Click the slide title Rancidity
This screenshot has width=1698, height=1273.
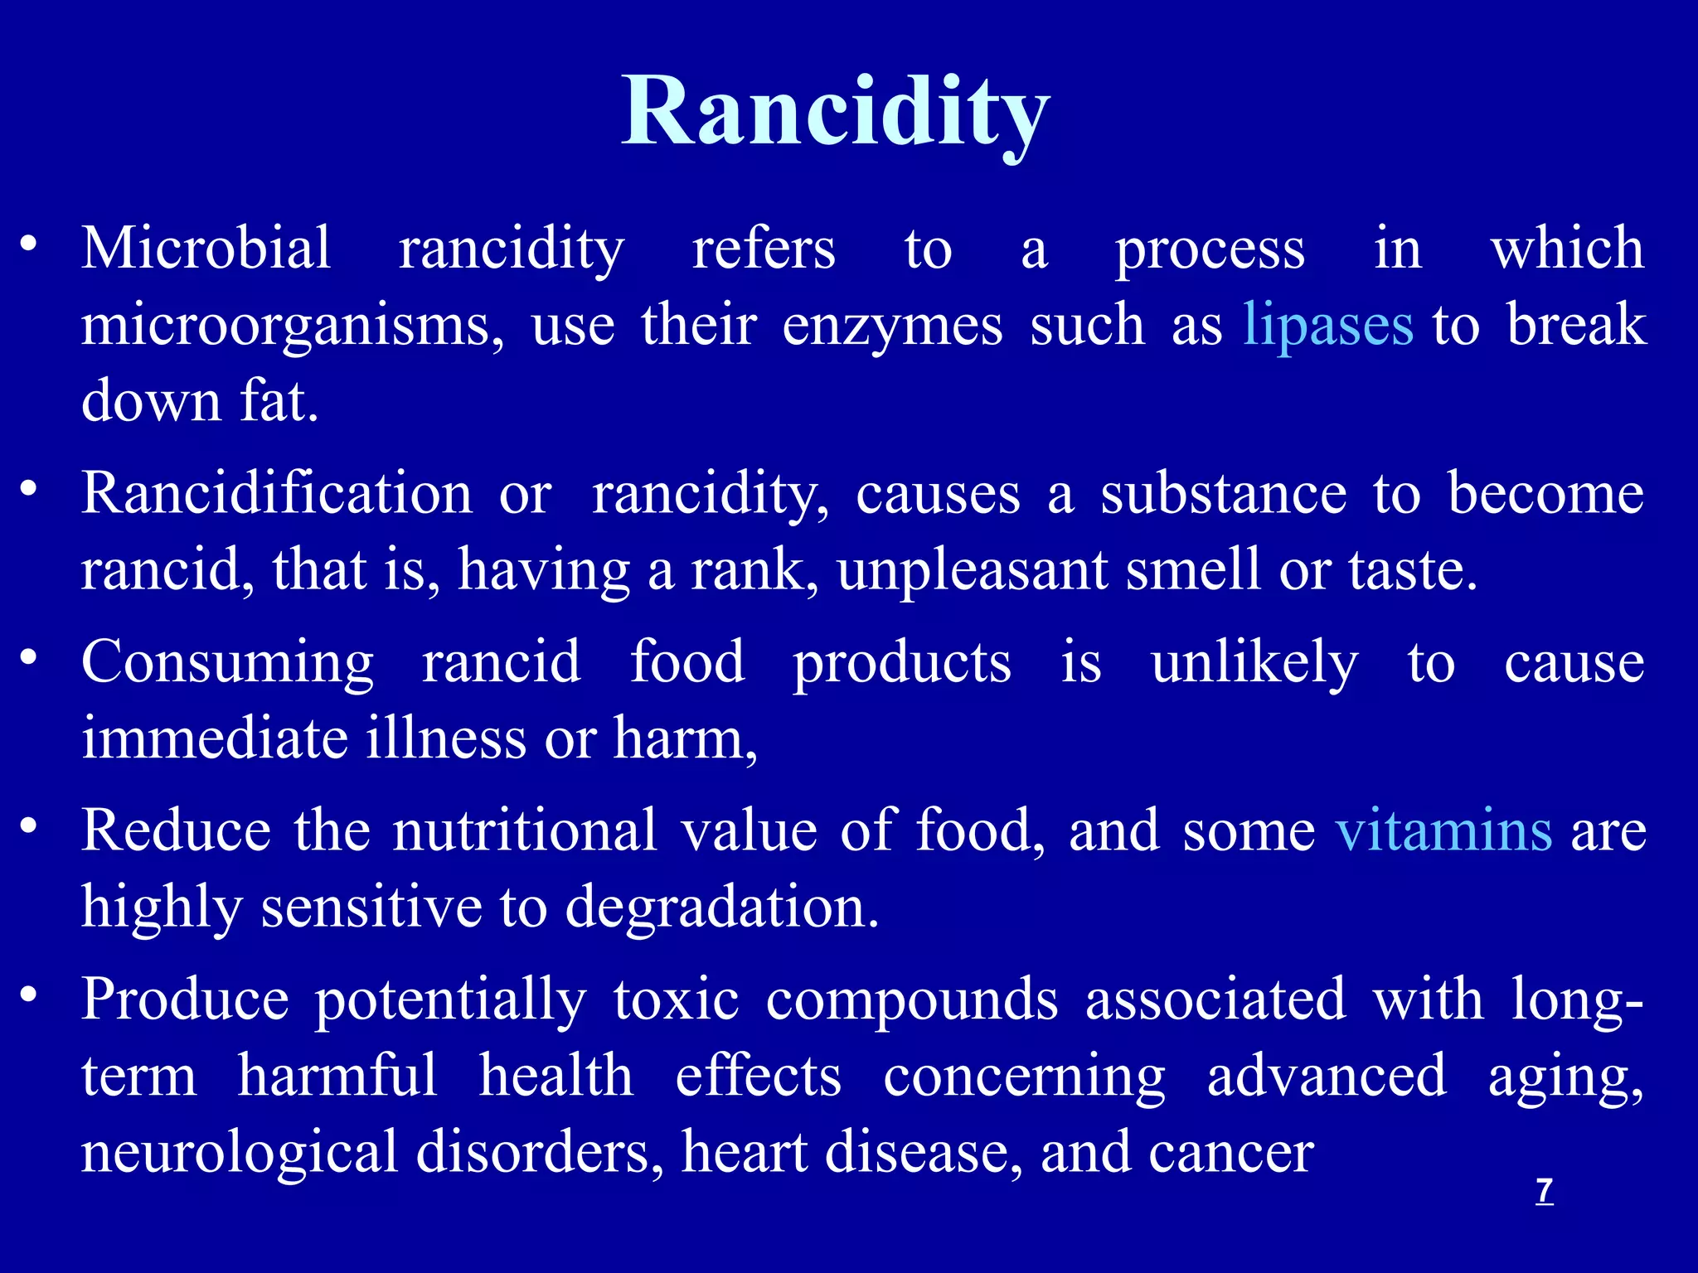[836, 112]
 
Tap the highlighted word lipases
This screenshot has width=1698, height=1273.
[1327, 325]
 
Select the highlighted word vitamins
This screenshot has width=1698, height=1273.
[1443, 830]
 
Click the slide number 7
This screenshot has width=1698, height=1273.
[1544, 1191]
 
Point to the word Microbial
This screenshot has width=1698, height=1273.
[206, 248]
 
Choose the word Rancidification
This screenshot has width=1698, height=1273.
[277, 494]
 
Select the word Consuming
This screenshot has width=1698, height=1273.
[228, 664]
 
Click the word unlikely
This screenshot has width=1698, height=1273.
[1254, 664]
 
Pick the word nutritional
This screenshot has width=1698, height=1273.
[525, 830]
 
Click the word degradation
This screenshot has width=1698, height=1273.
[721, 908]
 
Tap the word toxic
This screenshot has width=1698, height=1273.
[676, 1000]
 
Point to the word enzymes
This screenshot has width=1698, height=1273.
[892, 327]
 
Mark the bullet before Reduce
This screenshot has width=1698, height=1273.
[29, 826]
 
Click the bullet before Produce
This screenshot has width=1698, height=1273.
[29, 995]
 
